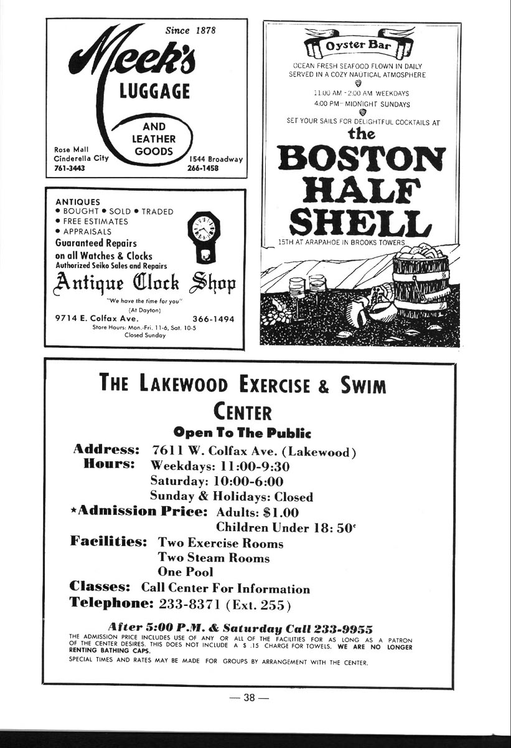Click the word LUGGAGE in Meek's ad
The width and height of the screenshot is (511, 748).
tap(154, 92)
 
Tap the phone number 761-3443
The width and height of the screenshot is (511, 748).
tap(69, 168)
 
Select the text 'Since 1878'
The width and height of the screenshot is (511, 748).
tap(190, 30)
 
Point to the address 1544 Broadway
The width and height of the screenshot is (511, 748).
tap(216, 159)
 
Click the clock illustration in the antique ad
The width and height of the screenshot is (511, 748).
tap(204, 236)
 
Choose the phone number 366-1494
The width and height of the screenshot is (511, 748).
tap(213, 319)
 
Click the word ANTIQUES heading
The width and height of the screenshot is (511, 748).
tap(78, 202)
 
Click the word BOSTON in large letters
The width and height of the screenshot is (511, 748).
tap(362, 159)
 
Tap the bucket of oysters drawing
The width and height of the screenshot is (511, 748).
tap(420, 280)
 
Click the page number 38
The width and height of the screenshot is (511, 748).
tap(249, 698)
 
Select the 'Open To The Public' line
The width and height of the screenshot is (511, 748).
tap(242, 433)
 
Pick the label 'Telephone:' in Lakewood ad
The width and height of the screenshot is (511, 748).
tap(111, 603)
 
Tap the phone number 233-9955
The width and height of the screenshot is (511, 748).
tap(344, 628)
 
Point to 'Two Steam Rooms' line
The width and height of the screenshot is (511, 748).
tap(213, 558)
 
